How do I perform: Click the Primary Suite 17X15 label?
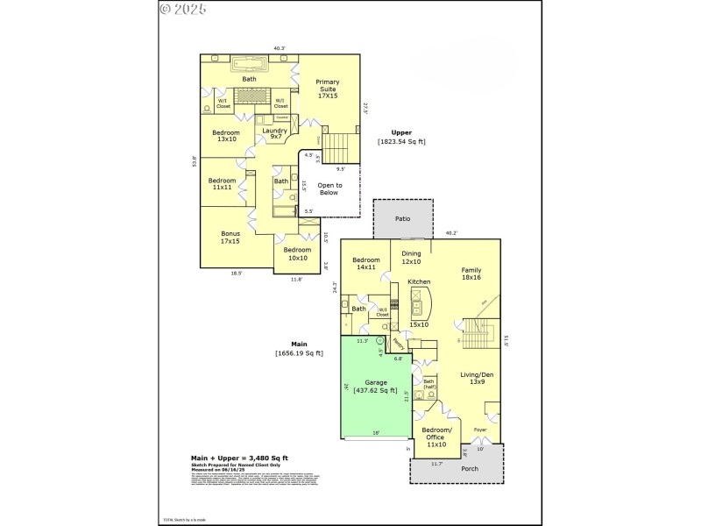pyautogui.click(x=327, y=87)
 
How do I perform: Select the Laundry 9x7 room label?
pyautogui.click(x=275, y=133)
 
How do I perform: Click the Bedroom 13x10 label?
pyautogui.click(x=226, y=136)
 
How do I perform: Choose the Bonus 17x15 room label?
pyautogui.click(x=231, y=237)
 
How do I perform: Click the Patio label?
pyautogui.click(x=402, y=218)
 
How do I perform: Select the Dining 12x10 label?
pyautogui.click(x=411, y=258)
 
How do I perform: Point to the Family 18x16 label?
pyautogui.click(x=471, y=274)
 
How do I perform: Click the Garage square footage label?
pyautogui.click(x=375, y=387)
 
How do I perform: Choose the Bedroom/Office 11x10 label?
pyautogui.click(x=436, y=437)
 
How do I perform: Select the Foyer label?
pyautogui.click(x=480, y=430)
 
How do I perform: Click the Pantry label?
pyautogui.click(x=398, y=344)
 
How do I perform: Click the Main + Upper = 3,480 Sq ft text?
pyautogui.click(x=239, y=458)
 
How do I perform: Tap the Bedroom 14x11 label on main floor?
pyautogui.click(x=365, y=265)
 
